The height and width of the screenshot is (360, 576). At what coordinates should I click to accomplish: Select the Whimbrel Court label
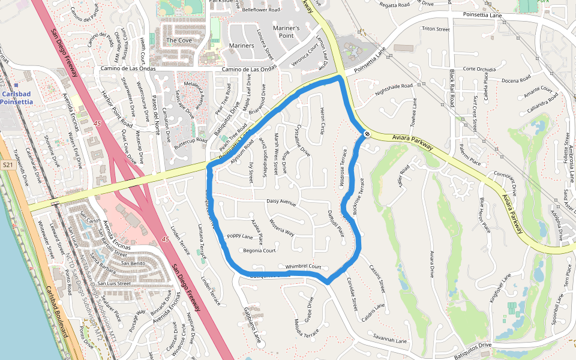tap(303, 266)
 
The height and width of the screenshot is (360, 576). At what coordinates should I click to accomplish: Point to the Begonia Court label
tap(259, 251)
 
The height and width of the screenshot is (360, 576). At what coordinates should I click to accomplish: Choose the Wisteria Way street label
tap(281, 228)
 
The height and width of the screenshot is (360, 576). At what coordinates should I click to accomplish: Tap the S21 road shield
tap(8, 164)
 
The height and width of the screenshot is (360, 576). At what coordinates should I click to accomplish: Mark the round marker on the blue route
tap(365, 133)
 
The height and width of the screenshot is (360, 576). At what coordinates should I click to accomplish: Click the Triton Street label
tap(436, 29)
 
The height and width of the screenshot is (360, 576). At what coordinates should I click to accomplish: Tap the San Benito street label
tap(133, 263)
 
